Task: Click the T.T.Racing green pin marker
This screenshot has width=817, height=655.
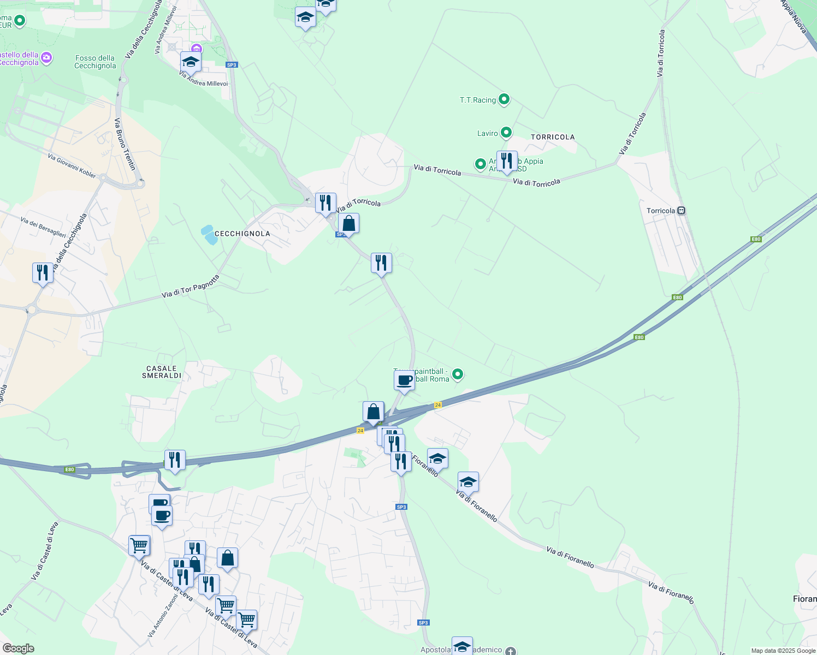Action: (x=504, y=99)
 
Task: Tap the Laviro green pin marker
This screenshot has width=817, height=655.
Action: (x=506, y=133)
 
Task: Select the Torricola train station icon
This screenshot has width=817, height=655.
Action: (x=681, y=211)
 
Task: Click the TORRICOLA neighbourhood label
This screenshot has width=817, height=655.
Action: (x=553, y=137)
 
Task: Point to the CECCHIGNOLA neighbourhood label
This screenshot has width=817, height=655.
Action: (x=242, y=234)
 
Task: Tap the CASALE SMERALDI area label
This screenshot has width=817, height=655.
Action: (x=162, y=372)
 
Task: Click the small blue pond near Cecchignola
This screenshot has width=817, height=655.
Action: (x=209, y=235)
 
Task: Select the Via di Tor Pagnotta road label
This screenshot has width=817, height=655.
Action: (x=191, y=287)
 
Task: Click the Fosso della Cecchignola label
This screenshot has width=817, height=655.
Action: (x=95, y=62)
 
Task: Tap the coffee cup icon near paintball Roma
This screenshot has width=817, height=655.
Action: (x=404, y=380)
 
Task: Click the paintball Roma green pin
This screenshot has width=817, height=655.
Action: (x=458, y=374)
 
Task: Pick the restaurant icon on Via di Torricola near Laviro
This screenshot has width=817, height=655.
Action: (x=507, y=161)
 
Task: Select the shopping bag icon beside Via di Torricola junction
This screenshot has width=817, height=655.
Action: (x=348, y=223)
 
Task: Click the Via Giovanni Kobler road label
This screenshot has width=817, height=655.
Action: (x=72, y=166)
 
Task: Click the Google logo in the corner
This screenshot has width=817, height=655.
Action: (x=18, y=648)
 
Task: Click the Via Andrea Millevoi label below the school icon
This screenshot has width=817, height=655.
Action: (x=203, y=79)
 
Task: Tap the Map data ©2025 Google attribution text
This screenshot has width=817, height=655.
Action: (x=783, y=651)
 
